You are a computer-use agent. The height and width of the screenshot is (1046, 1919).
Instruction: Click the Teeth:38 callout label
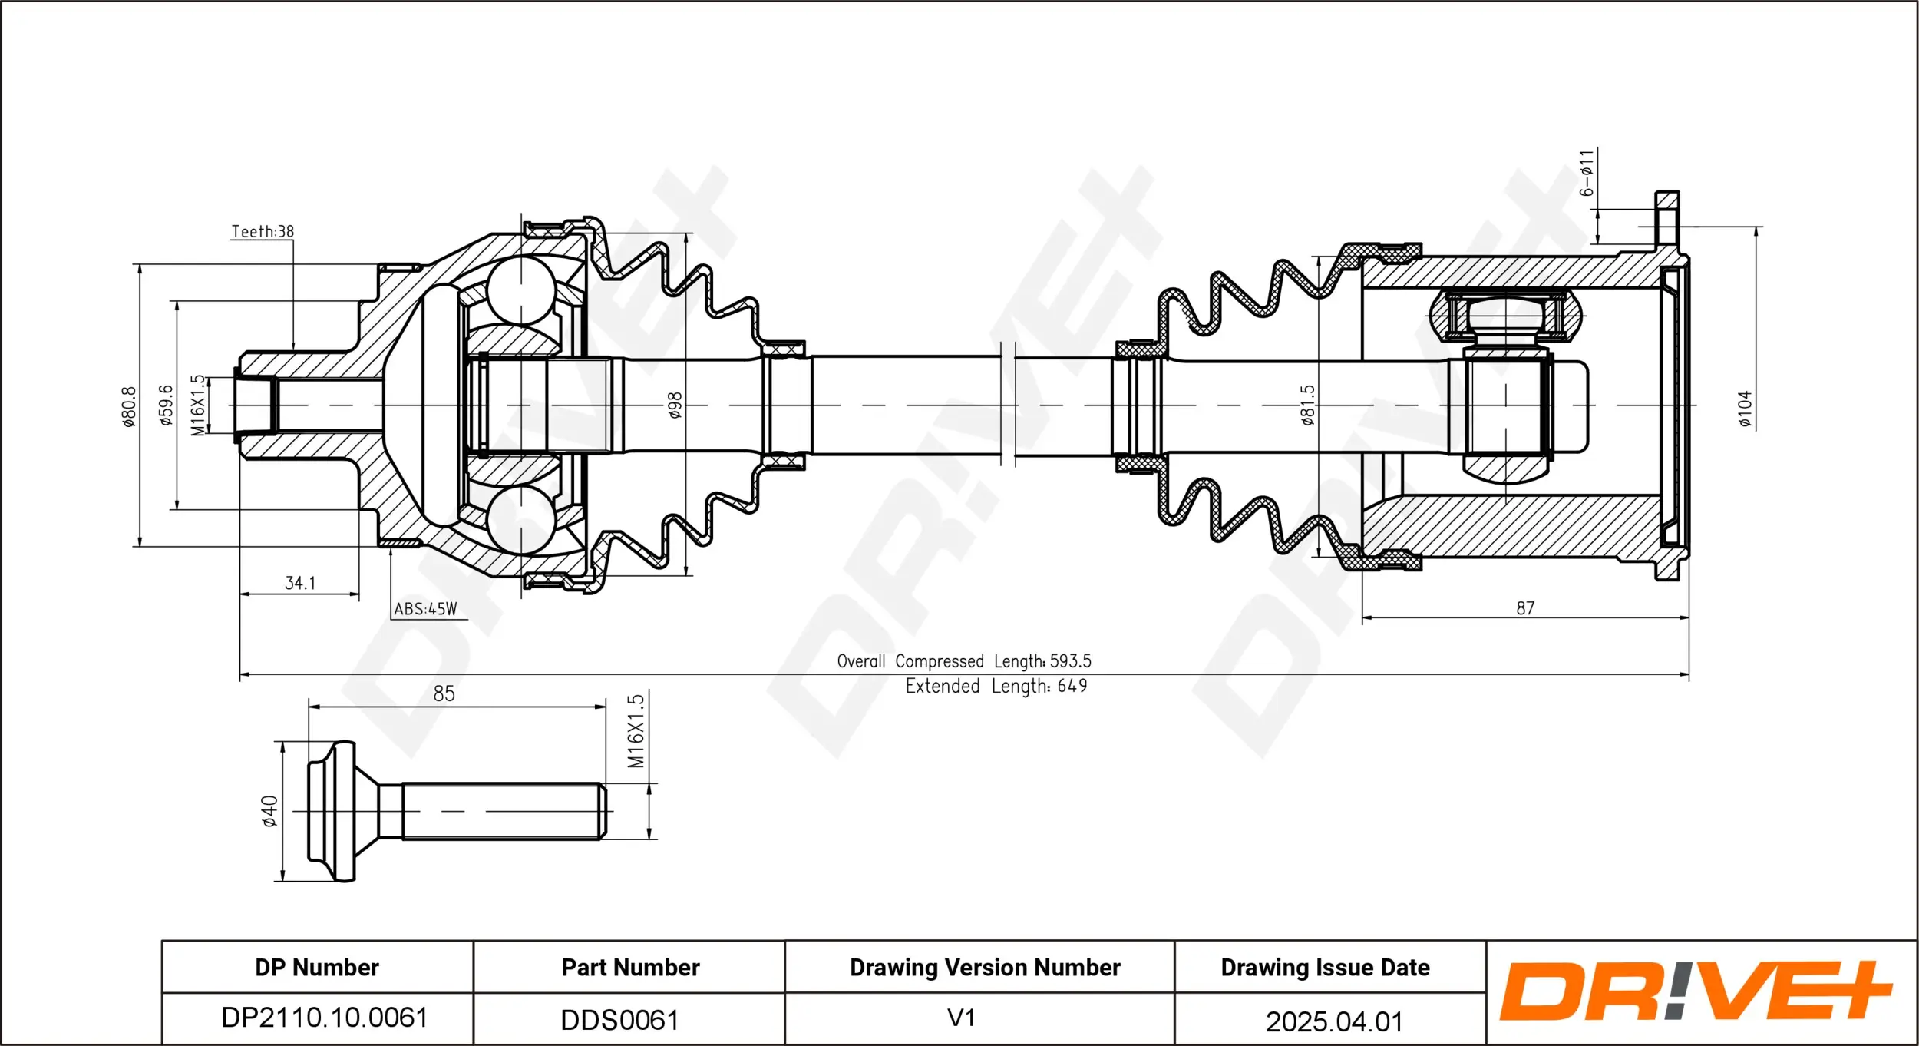pos(263,231)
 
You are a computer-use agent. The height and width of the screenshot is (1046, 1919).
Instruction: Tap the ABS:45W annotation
pos(425,609)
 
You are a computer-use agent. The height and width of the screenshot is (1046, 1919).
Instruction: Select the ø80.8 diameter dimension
pos(129,406)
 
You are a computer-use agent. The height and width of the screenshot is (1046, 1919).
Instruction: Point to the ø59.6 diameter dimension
pos(166,405)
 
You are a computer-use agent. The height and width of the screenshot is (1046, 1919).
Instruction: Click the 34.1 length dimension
pos(300,583)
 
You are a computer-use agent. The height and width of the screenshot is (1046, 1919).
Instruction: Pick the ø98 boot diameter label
pos(675,405)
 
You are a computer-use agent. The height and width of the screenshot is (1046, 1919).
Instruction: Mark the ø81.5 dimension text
pos(1308,405)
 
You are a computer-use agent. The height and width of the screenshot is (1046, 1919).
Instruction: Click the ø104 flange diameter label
pos(1745,409)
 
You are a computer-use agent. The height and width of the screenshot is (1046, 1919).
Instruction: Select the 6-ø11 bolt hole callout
pos(1587,174)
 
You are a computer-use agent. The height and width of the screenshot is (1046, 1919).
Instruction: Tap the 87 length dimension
pos(1525,608)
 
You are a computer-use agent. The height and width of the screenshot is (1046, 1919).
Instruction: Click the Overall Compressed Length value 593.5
pos(1070,661)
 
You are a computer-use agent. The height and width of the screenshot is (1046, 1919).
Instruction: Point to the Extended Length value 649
pos(1072,686)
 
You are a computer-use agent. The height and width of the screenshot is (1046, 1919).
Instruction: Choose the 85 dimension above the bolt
pos(444,694)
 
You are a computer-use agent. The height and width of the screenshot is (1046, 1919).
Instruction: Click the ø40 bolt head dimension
pos(269,812)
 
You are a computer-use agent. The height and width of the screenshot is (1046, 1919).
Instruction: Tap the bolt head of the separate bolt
pos(334,811)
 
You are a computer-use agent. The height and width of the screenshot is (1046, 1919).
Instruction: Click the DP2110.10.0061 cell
pos(324,1018)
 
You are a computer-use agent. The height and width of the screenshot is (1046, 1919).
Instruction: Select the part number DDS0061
pos(619,1020)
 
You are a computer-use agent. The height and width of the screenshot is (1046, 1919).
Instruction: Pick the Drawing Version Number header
pos(985,968)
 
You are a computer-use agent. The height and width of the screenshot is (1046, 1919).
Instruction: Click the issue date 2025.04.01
pos(1333,1021)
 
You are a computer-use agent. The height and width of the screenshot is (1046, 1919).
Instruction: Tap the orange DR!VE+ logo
pos(1695,991)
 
